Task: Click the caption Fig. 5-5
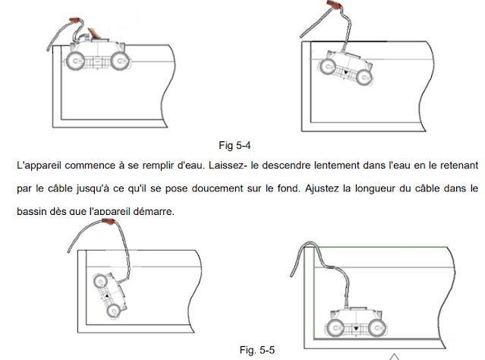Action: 256,350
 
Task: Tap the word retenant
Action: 455,163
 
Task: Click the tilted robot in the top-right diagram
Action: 348,70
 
